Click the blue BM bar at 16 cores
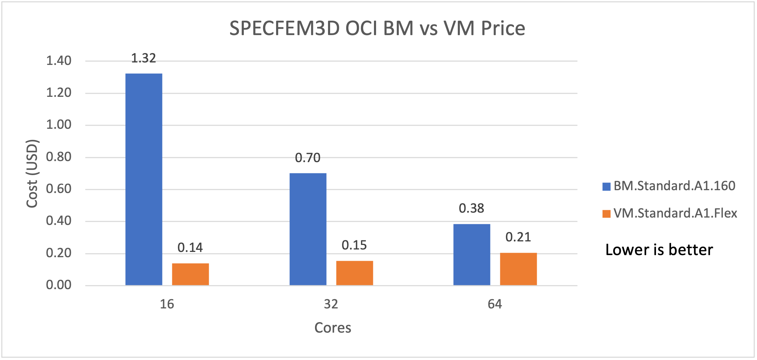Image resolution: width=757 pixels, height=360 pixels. (144, 179)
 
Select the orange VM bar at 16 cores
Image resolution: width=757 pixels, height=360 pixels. (190, 274)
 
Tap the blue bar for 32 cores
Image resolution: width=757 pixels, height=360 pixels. (308, 229)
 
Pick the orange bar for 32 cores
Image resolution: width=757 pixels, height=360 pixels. (354, 273)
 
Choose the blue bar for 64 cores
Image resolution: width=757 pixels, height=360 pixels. (471, 254)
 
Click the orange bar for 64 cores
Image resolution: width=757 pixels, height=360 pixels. (518, 269)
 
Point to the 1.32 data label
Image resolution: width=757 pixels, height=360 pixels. (143, 58)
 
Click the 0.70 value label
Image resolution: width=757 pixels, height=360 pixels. (308, 158)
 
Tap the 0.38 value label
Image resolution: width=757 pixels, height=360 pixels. (471, 208)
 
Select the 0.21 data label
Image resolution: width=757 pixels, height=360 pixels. (518, 237)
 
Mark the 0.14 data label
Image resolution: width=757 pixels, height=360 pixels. (190, 248)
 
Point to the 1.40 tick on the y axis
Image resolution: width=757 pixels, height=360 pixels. (59, 61)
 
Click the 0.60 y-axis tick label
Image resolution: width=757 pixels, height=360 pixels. (59, 189)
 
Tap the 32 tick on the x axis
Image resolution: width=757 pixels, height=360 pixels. (331, 304)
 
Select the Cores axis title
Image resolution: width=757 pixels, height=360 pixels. (333, 328)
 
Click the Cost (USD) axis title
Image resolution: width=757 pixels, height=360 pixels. (32, 174)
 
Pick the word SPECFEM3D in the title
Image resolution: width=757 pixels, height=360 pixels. (284, 28)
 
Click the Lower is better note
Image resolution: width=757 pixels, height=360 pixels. (659, 250)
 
